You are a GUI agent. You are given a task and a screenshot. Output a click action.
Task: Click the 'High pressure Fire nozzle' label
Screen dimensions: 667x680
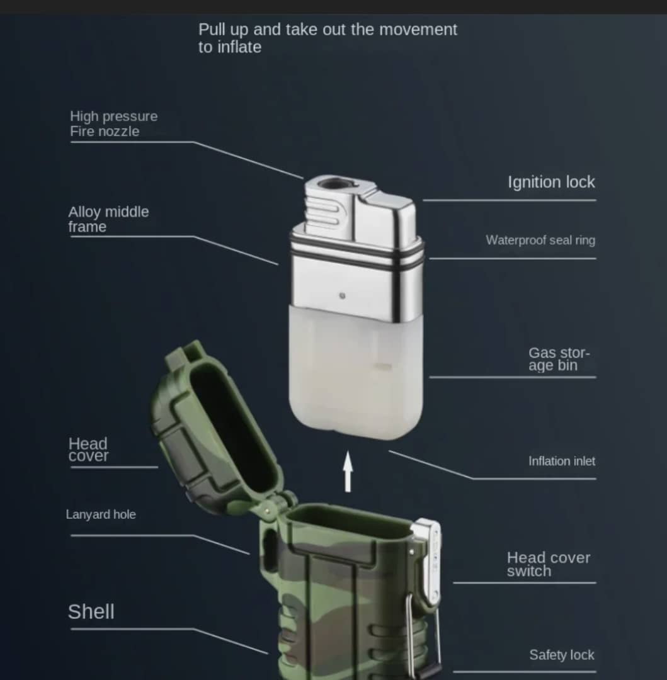point(113,124)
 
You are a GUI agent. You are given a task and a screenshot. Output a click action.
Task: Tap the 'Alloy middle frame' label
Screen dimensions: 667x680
point(108,219)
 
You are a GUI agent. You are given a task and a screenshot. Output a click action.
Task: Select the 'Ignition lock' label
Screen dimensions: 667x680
point(551,182)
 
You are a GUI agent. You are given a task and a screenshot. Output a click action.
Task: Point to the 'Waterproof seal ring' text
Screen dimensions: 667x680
point(540,241)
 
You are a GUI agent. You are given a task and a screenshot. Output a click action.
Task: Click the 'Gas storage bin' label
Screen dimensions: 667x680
point(559,359)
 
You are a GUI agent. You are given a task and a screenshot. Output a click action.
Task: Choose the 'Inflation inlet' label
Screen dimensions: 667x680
point(562,461)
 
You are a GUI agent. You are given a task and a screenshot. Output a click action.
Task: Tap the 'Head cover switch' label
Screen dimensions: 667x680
point(548,564)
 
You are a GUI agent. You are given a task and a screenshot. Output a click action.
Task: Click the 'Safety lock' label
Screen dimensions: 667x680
point(562,655)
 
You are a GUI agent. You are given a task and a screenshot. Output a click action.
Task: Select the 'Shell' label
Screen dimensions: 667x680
point(91,612)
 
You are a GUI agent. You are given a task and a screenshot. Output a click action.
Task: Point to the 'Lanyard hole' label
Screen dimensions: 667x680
point(101,514)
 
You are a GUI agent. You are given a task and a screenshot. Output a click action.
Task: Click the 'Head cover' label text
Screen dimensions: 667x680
point(88,450)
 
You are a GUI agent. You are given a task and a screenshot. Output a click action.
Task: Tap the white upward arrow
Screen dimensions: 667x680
point(348,472)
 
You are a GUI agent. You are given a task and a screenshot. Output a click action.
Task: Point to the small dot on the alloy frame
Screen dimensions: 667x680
point(342,296)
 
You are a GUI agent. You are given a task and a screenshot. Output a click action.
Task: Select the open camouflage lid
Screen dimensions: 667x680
point(217,429)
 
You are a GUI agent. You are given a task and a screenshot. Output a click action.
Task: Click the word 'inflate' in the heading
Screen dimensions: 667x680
point(239,47)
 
